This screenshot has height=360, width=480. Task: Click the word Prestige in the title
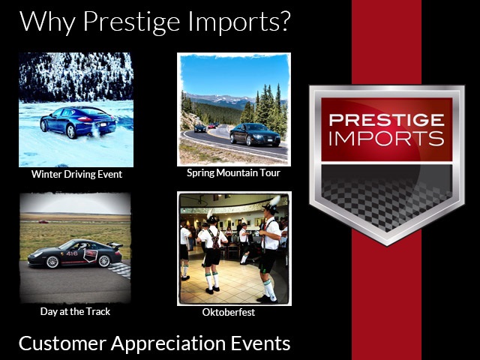132,22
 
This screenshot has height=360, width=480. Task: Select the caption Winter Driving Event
76,174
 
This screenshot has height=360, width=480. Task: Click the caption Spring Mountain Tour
233,173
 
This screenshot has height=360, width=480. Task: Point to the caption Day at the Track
75,312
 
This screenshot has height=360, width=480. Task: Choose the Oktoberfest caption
229,312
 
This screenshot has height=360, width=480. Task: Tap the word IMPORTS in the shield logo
387,139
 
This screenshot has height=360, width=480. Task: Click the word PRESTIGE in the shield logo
387,120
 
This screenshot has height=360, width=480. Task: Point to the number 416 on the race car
72,253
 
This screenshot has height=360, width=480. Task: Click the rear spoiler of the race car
115,245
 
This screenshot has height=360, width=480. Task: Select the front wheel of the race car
52,262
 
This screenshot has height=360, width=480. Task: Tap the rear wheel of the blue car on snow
71,132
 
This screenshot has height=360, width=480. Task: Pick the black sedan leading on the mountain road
255,135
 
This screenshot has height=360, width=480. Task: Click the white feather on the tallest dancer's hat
275,200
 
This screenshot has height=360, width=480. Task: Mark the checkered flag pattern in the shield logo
387,199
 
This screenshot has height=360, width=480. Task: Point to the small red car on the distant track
43,222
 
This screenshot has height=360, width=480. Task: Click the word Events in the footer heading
260,343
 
